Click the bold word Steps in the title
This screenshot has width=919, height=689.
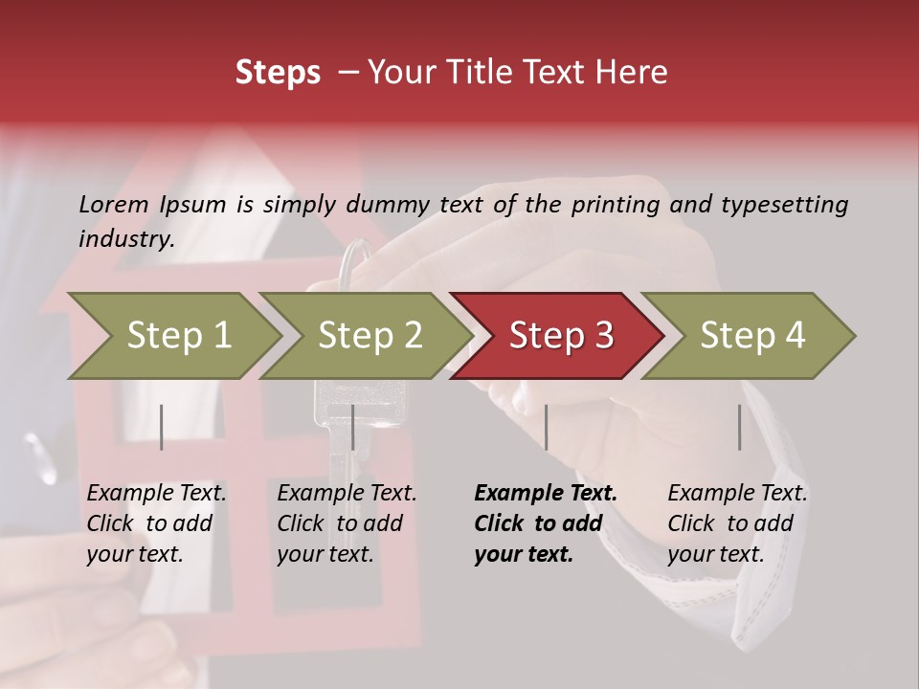(278, 73)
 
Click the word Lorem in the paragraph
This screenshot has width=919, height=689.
(113, 204)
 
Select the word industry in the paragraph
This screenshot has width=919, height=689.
(125, 239)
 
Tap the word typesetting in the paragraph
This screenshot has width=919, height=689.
(784, 205)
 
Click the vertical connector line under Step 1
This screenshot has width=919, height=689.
(162, 427)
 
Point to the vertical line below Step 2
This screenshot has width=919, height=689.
(353, 427)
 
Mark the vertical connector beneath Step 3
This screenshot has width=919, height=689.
(547, 427)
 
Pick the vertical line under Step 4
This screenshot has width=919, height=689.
(739, 427)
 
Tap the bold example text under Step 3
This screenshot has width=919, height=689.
(545, 523)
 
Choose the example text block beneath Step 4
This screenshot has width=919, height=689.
(737, 523)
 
